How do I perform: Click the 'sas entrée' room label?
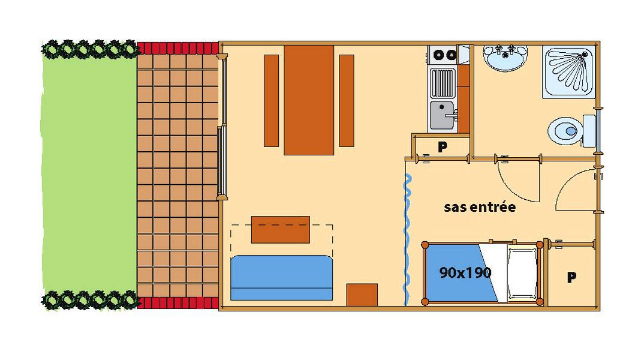coord(480,207)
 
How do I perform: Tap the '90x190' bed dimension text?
coord(465,272)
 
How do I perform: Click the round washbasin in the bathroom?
coord(505,58)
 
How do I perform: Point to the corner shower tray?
coord(569,72)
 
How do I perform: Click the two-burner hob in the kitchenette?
coord(443,55)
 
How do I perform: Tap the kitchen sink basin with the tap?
coord(443,116)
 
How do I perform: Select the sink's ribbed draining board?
coord(443,83)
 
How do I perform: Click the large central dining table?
coord(309,100)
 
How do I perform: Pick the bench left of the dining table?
coord(272,101)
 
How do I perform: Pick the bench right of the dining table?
coord(347,101)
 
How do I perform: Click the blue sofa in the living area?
coord(281,278)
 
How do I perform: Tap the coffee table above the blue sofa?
coord(281,230)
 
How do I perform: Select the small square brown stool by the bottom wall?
coord(362,295)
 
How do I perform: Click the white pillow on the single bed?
coord(522,273)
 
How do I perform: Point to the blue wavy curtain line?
coord(407,239)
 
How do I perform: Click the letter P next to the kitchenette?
coord(443,146)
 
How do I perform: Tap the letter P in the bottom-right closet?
coord(571,277)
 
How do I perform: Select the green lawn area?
coord(89,175)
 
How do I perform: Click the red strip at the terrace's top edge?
coord(178,48)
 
